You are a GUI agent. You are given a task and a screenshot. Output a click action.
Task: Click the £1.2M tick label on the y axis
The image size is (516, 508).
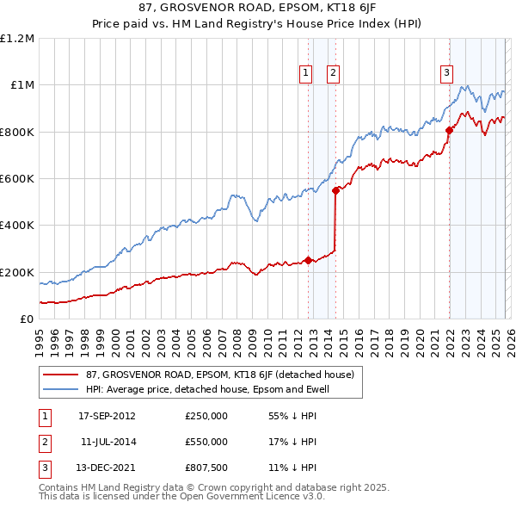point(17,39)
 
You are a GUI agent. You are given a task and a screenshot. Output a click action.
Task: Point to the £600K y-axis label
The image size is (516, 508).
point(17,179)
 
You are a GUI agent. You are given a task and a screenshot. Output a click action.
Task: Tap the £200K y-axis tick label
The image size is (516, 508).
point(17,272)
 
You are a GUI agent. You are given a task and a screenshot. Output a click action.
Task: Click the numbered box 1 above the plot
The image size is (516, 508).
point(306,74)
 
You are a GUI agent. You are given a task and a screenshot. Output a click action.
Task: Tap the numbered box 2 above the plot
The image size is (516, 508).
point(332,74)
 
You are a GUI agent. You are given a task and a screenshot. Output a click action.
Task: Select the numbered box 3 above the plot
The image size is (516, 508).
point(447,74)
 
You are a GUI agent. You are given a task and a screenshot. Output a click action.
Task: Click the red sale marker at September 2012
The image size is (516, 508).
point(308,260)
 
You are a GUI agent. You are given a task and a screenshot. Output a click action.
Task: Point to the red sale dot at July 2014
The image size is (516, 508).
point(335,191)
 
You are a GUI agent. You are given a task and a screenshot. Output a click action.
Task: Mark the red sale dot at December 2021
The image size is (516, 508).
point(449,131)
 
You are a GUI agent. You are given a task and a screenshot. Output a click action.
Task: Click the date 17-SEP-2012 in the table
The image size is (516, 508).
point(107,415)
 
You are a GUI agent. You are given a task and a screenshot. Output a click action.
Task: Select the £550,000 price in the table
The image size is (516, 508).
point(206,441)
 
